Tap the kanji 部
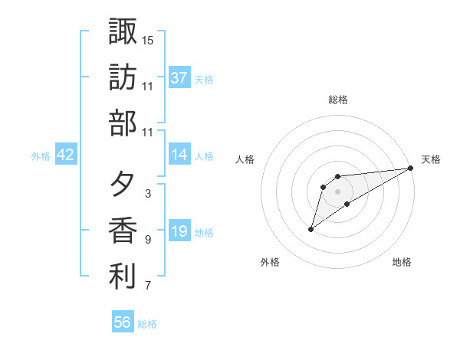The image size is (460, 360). point(123,122)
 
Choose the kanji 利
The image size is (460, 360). point(123,277)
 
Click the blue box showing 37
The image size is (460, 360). point(179,77)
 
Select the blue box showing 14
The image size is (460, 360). point(179,155)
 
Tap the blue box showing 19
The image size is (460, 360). point(179,232)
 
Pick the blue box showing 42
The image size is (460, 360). point(66,155)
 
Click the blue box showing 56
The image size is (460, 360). point(123,322)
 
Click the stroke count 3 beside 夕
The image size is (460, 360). point(148,194)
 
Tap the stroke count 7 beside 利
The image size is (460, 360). point(148,286)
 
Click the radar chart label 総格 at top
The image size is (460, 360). point(338,100)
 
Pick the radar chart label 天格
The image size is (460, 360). point(431,159)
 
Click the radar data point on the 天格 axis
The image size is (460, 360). point(411,169)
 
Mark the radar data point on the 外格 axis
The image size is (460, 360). point(310,229)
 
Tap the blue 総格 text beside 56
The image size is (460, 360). point(148,324)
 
